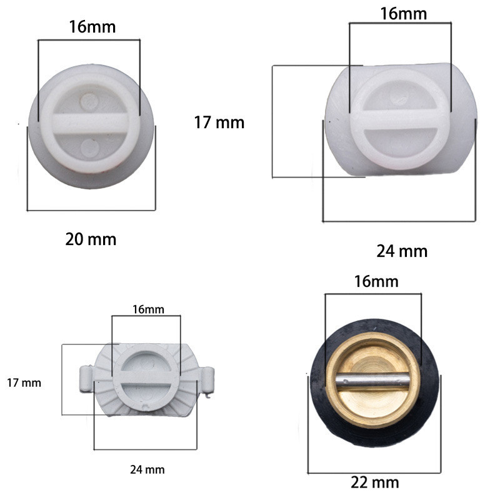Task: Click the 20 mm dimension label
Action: (91, 239)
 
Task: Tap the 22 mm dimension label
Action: (374, 482)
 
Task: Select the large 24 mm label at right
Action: (402, 251)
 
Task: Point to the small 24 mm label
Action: (147, 470)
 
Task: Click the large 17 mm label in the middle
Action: (219, 122)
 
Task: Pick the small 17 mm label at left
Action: (24, 383)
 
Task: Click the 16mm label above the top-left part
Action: (92, 27)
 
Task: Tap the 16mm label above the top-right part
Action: (403, 14)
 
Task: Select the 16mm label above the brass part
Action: (376, 282)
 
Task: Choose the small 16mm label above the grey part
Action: (148, 309)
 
